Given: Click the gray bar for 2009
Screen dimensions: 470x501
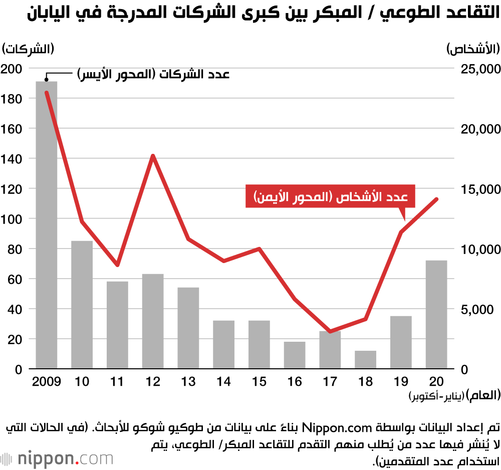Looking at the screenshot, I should click(x=47, y=225).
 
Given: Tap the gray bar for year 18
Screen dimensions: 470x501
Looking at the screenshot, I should click(x=365, y=360).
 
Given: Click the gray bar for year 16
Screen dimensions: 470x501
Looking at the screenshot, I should click(x=295, y=355).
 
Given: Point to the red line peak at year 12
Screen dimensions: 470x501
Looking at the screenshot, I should click(x=153, y=156).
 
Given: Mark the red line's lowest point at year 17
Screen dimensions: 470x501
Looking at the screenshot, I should click(x=330, y=332).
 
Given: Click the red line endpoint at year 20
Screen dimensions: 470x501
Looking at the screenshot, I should click(x=436, y=199).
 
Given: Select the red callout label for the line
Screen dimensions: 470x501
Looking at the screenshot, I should click(x=331, y=196).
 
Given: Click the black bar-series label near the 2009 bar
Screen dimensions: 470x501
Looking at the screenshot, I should click(x=153, y=74).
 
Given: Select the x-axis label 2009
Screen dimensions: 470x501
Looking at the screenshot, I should click(x=47, y=382).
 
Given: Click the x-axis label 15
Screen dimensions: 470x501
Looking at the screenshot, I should click(x=259, y=382).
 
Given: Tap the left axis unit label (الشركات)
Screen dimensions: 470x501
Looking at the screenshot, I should click(x=28, y=49).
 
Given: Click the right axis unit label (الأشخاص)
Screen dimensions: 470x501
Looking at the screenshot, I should click(x=473, y=49).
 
